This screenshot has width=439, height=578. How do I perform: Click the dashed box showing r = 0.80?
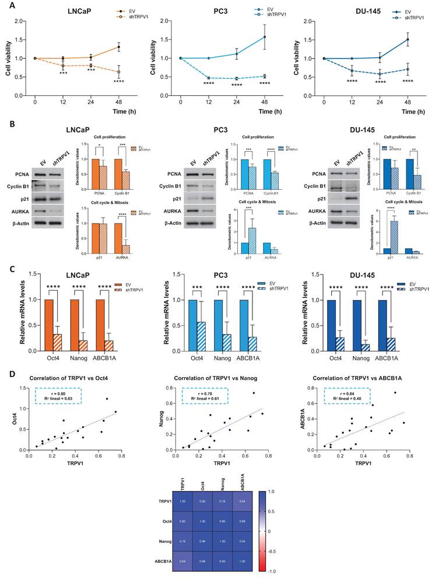click(57, 396)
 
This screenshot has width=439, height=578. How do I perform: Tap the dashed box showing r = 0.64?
click(350, 396)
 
